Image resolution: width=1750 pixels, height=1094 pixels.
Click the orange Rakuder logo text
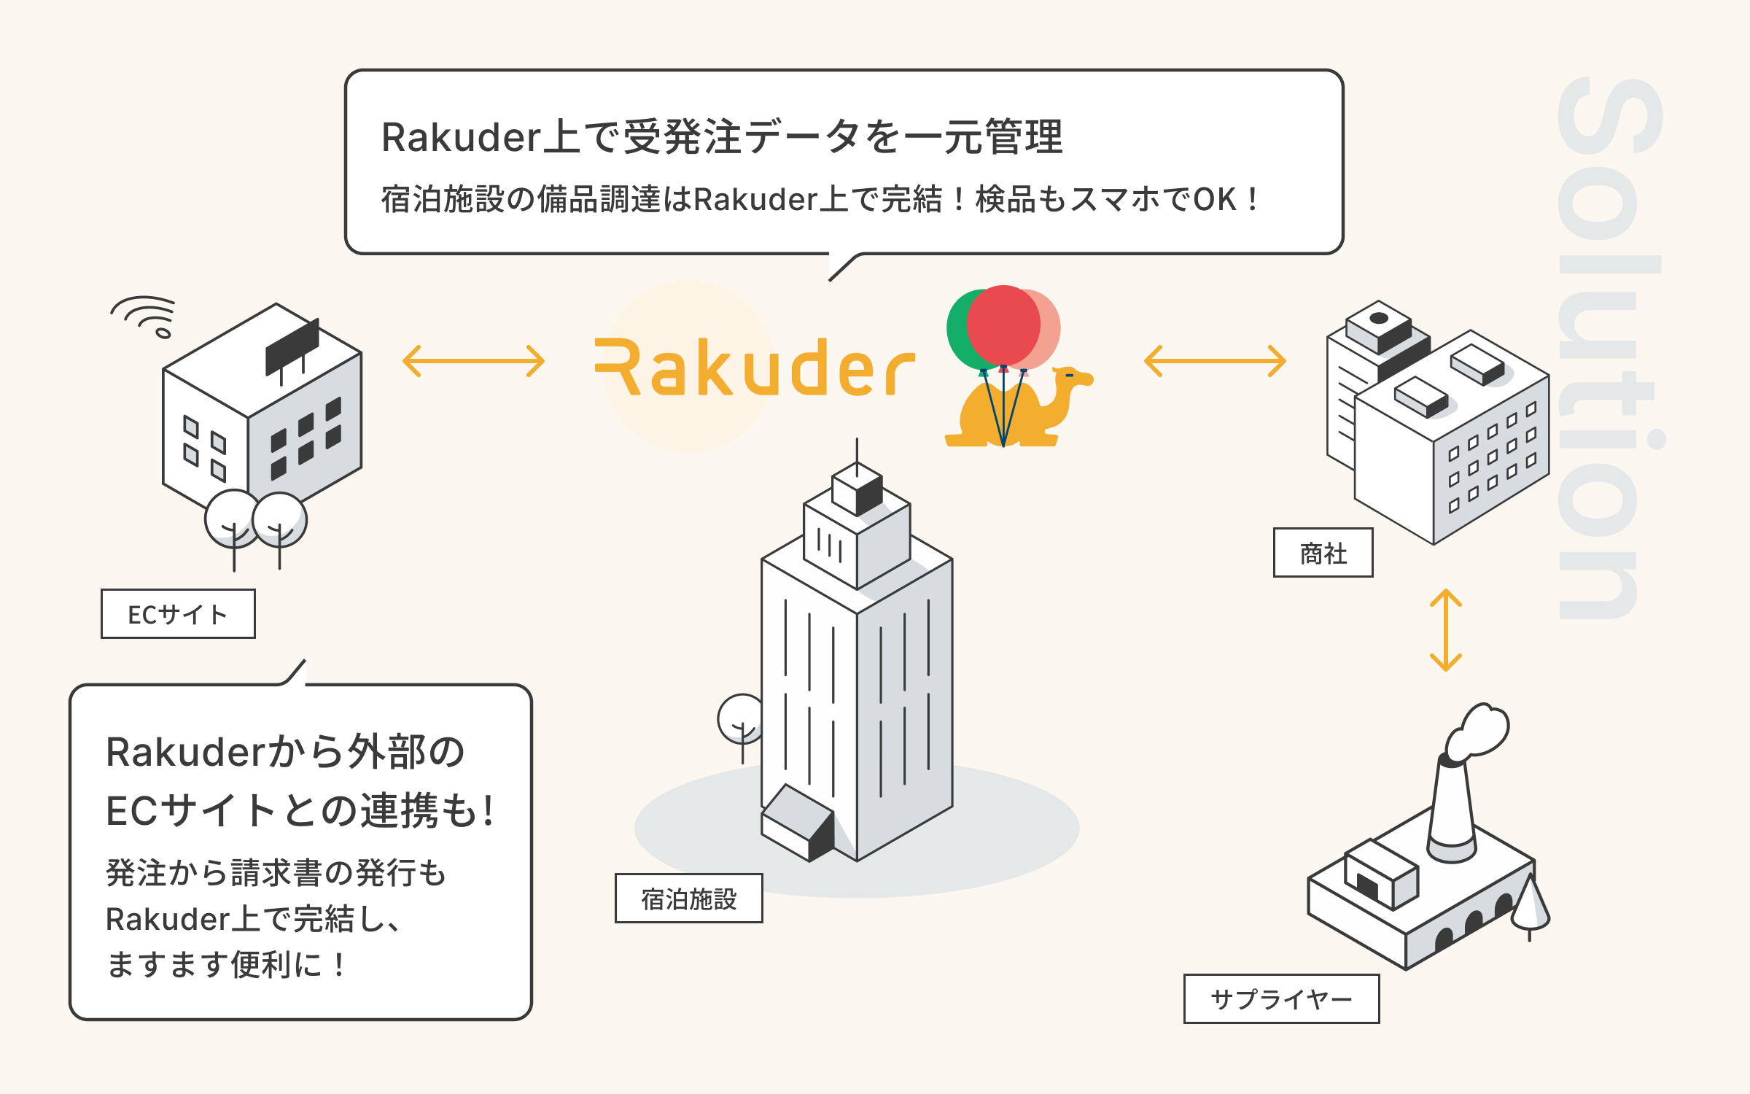[x=755, y=367]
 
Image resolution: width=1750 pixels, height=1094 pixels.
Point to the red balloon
[x=1003, y=325]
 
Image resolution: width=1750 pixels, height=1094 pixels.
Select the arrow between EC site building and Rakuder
[x=474, y=361]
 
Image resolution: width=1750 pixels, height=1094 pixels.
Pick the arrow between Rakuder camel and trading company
[x=1215, y=361]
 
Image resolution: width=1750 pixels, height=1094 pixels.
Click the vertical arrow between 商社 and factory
[x=1445, y=630]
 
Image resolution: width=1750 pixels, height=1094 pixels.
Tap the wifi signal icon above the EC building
[x=144, y=314]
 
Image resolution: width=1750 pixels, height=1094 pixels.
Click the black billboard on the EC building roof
[x=292, y=346]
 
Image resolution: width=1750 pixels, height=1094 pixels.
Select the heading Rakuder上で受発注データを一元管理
[x=722, y=136]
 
